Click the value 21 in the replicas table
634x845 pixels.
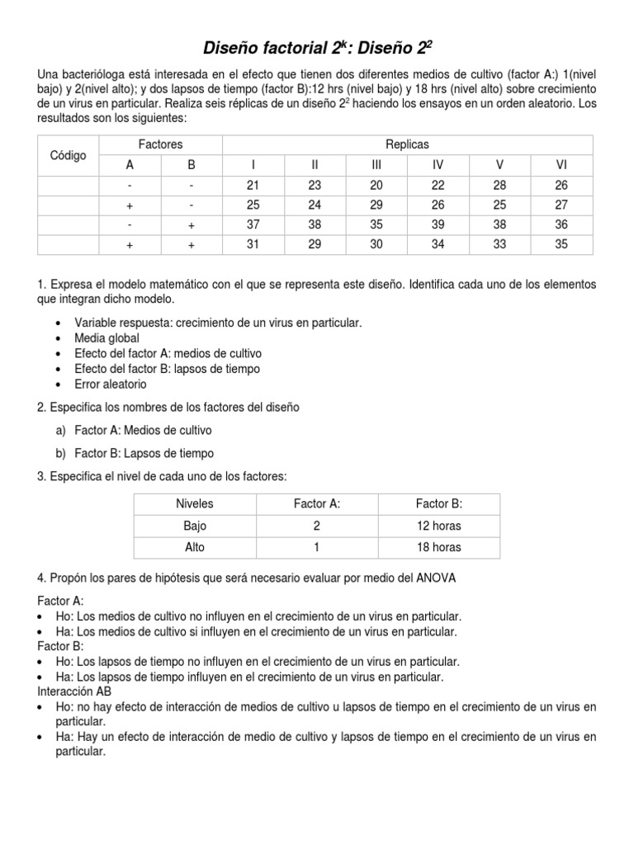(x=253, y=184)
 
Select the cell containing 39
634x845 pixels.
(x=438, y=224)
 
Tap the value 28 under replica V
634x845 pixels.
(x=500, y=184)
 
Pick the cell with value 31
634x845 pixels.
(x=253, y=244)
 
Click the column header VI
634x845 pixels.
(x=562, y=164)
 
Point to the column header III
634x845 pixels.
(x=376, y=164)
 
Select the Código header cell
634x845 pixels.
(x=69, y=154)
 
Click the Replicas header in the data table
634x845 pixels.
(x=408, y=144)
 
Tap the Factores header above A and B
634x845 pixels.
(x=160, y=144)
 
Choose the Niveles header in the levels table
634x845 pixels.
(x=195, y=503)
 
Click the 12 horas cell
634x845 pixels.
(x=439, y=526)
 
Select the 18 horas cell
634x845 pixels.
(x=439, y=547)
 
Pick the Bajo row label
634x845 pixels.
(x=195, y=526)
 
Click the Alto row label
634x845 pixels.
(x=195, y=547)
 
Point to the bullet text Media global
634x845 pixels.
(x=106, y=338)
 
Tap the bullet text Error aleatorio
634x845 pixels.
(x=110, y=384)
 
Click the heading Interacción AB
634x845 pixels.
(x=75, y=691)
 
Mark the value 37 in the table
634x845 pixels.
(x=253, y=224)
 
